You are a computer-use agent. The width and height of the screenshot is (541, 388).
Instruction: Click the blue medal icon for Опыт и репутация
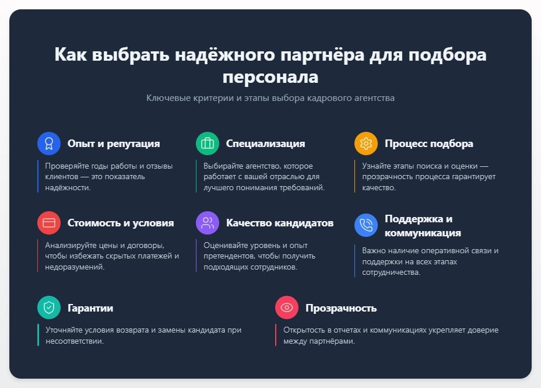(49, 144)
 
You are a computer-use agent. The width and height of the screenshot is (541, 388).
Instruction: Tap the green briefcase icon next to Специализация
(208, 144)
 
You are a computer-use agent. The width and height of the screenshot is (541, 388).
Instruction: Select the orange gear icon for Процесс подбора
(366, 144)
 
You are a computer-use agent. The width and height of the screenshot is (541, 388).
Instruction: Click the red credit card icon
(49, 223)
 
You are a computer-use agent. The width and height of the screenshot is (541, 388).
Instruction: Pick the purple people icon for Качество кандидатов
(208, 223)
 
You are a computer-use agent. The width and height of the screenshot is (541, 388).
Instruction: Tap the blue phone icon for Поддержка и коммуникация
(366, 226)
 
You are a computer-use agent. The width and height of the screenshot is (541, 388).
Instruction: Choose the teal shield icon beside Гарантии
(49, 308)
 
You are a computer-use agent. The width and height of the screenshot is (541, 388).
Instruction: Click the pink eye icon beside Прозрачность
(287, 308)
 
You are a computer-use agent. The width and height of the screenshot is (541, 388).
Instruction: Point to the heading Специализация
(265, 144)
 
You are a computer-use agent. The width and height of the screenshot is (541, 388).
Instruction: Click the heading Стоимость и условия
(121, 223)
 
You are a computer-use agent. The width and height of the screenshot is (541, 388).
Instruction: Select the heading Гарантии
(90, 308)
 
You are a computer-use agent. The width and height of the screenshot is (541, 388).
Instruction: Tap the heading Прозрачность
(341, 308)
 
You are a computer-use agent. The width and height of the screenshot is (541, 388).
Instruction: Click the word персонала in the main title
(270, 78)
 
